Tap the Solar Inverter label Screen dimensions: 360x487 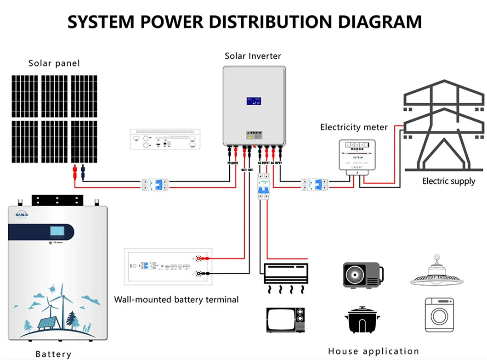253,56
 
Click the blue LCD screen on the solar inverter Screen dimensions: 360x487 254,101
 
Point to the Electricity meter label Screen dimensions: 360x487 354,127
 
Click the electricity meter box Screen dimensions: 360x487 357,155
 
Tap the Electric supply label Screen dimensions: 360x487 448,181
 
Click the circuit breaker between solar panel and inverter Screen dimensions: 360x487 154,185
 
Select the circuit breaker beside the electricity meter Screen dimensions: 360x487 314,185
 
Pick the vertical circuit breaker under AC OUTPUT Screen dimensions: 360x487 263,186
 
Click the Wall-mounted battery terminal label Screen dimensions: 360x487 176,300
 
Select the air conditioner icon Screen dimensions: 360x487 285,276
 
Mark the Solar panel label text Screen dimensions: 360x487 54,63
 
